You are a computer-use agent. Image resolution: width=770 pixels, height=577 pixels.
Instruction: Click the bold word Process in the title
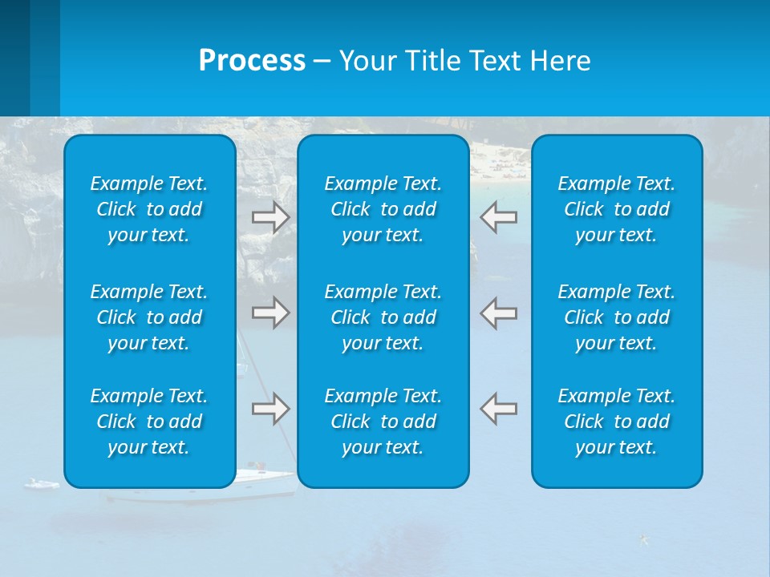pos(252,61)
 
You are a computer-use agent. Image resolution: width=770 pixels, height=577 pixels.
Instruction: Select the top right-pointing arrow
pos(270,217)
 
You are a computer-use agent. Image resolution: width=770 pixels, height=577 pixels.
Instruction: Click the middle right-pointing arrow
pos(270,313)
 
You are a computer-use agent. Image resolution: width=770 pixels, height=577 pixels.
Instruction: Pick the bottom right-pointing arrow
pos(270,409)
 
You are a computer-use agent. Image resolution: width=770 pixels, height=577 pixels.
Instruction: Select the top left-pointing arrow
pos(499,217)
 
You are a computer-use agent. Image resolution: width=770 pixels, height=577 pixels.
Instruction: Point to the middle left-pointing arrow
pos(499,313)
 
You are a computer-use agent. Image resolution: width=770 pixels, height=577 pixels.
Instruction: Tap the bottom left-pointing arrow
pos(499,409)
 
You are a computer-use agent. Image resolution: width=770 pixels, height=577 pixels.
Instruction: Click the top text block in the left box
pos(149,209)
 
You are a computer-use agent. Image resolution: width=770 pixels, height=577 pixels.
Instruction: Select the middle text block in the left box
pos(149,317)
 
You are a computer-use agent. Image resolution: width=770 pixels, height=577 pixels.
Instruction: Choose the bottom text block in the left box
pos(149,422)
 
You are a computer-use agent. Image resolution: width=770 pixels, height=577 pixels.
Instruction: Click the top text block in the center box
pos(383,209)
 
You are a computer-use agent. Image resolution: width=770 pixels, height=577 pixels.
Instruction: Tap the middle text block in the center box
pos(383,317)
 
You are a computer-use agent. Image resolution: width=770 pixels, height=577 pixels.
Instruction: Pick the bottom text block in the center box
pos(383,422)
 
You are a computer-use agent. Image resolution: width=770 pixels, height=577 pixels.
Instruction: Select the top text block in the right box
pos(616,209)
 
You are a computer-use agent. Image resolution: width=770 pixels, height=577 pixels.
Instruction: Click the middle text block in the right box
pos(616,317)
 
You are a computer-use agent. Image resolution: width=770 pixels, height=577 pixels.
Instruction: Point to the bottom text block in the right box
pos(616,422)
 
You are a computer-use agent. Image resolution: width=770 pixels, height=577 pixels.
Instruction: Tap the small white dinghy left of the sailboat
pos(42,484)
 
